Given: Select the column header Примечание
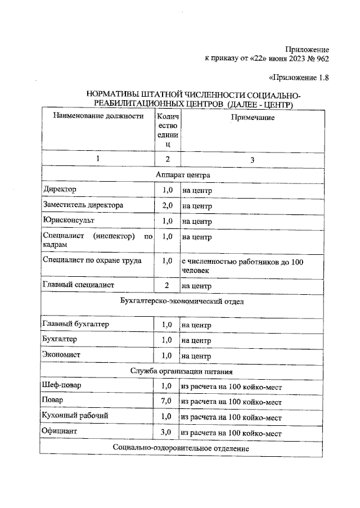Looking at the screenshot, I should (252, 118).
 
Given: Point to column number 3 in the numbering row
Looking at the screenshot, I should (252, 160).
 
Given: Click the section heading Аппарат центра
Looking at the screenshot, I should (183, 175).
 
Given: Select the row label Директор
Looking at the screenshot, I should (60, 190).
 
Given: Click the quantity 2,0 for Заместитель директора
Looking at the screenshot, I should (166, 206).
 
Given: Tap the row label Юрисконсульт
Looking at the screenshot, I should (69, 221).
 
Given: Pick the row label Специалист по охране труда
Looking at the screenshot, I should (92, 261).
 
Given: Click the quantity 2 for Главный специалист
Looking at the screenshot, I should (166, 286).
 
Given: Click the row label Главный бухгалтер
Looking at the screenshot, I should (76, 325).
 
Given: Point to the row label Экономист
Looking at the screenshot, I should (62, 356).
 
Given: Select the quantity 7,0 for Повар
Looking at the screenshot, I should (166, 402).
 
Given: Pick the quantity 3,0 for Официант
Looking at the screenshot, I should (166, 433).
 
